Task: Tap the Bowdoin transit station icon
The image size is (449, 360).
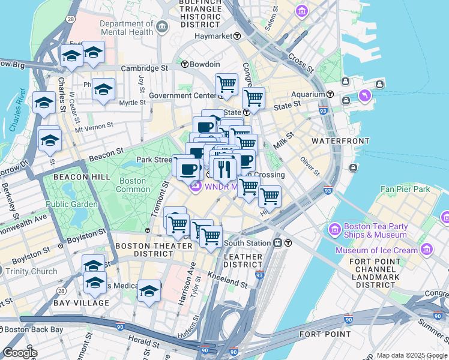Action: [x=185, y=64]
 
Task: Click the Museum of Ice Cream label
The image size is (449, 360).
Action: [x=376, y=250]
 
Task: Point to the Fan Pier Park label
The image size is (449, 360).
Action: [x=405, y=189]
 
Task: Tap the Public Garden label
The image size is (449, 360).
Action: [x=72, y=204]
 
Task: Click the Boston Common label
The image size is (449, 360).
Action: [x=133, y=185]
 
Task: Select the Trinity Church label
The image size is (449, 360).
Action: [x=31, y=271]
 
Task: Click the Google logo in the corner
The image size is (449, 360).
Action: [x=20, y=353]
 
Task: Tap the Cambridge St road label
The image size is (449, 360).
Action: [x=144, y=68]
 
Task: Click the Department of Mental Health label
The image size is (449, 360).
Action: [x=127, y=28]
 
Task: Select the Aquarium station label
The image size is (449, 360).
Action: [x=307, y=95]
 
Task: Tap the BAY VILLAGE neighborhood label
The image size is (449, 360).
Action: [x=82, y=303]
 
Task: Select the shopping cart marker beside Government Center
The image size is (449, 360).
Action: [x=226, y=84]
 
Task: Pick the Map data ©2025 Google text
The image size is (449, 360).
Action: [x=412, y=355]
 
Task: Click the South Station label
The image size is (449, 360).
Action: [x=247, y=243]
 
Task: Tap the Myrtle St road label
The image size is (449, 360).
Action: [x=133, y=103]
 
